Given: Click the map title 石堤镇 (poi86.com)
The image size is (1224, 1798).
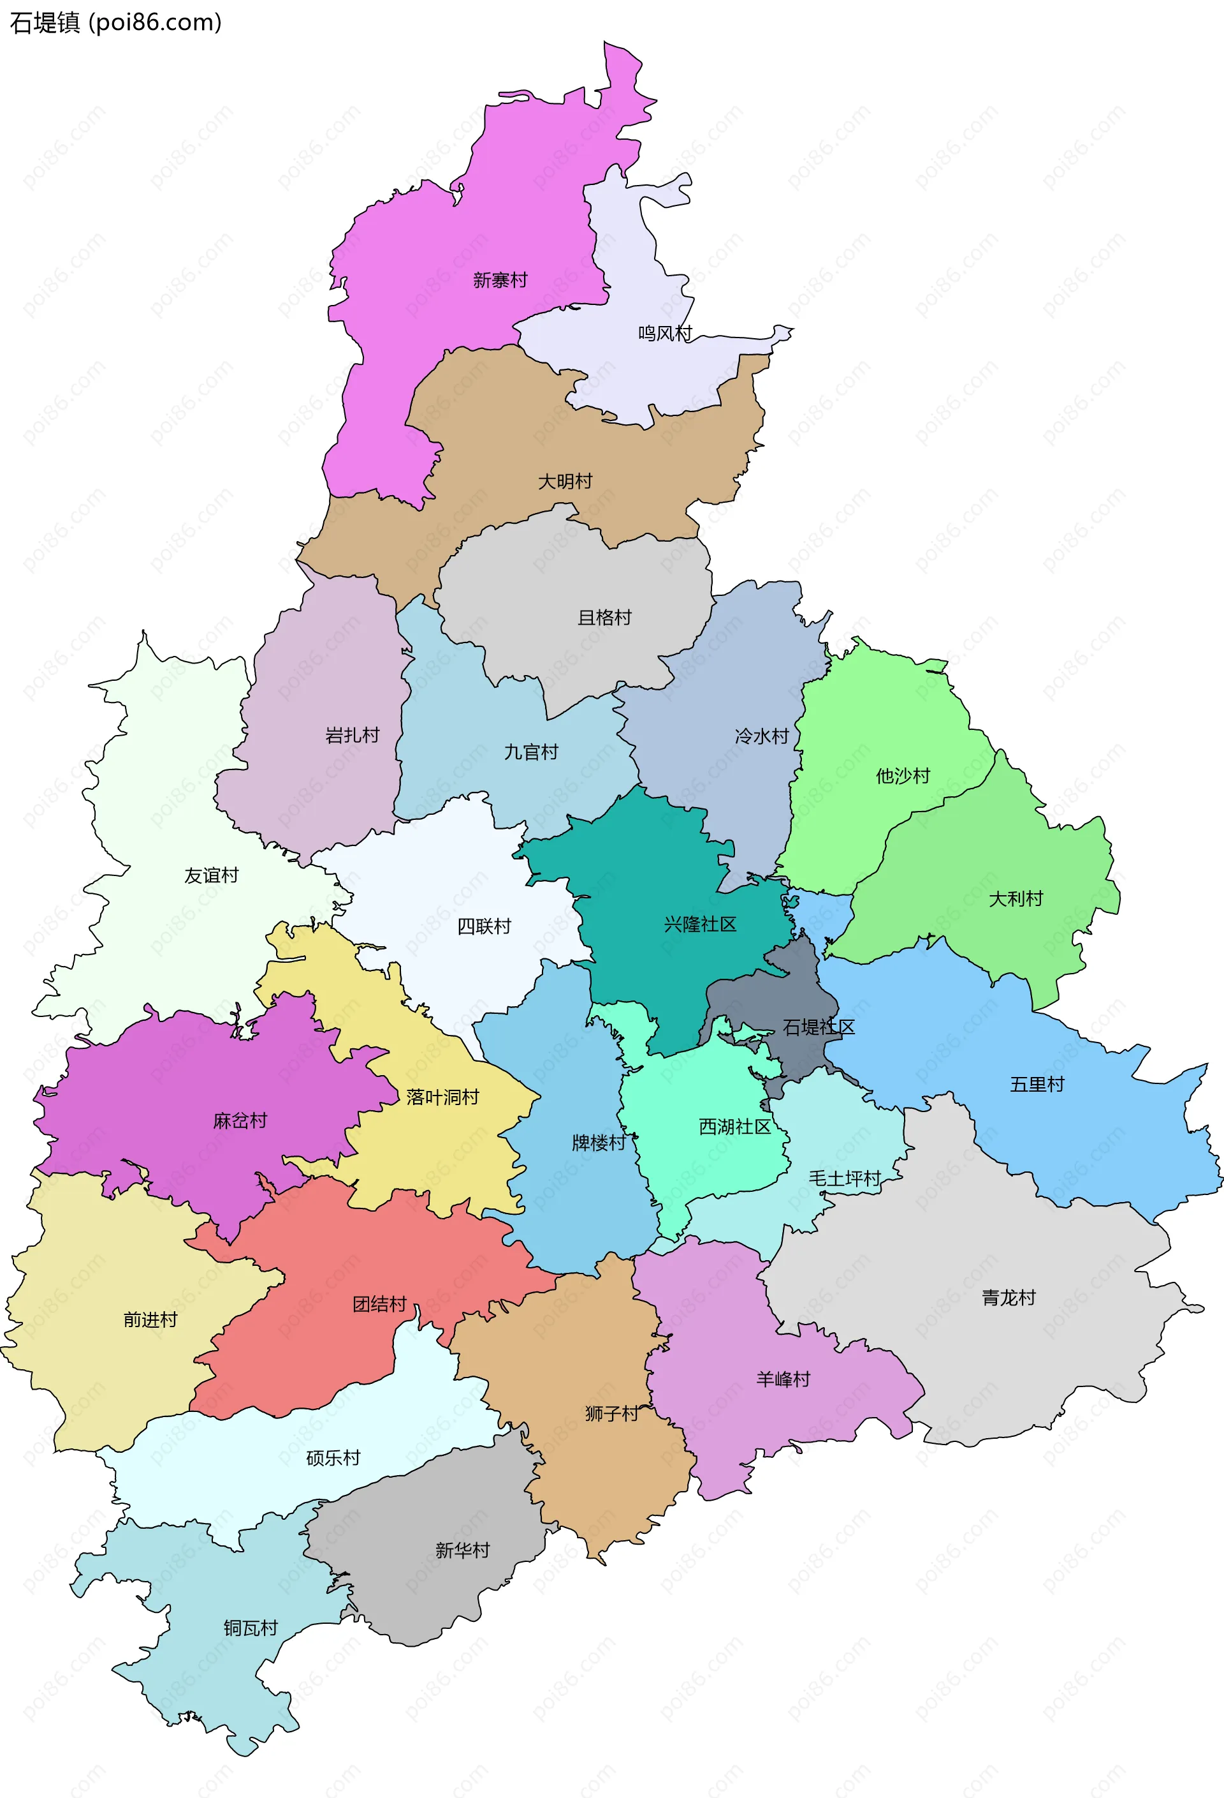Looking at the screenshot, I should [115, 22].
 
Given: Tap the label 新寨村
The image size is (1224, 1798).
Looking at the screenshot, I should [500, 280].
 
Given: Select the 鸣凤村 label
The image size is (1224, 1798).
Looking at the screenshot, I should [664, 334].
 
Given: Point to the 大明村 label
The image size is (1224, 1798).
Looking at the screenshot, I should [565, 481].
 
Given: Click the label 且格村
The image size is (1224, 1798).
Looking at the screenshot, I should [604, 618].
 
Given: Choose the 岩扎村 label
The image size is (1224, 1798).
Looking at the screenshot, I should [353, 735].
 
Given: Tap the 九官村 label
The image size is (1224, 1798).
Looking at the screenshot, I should [531, 752].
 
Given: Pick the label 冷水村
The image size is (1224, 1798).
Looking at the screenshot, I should [762, 736].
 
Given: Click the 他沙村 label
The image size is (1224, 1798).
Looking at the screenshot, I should [902, 776].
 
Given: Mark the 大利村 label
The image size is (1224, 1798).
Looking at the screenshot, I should [1016, 898].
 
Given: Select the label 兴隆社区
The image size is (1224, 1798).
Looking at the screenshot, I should [700, 924].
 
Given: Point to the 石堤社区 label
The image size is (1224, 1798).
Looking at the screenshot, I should [819, 1027].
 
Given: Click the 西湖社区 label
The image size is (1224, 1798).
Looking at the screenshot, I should [734, 1126].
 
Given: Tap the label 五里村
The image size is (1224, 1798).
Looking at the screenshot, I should [1037, 1084].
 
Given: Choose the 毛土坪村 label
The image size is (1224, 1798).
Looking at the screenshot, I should [844, 1178].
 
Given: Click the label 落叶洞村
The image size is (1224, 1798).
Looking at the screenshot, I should [442, 1096].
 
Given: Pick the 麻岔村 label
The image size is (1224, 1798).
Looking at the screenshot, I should [240, 1120].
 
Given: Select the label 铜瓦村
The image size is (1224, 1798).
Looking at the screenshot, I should [251, 1628].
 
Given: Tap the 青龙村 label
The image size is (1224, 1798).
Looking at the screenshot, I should [1009, 1297].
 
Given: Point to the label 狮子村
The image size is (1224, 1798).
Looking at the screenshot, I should [611, 1413].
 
